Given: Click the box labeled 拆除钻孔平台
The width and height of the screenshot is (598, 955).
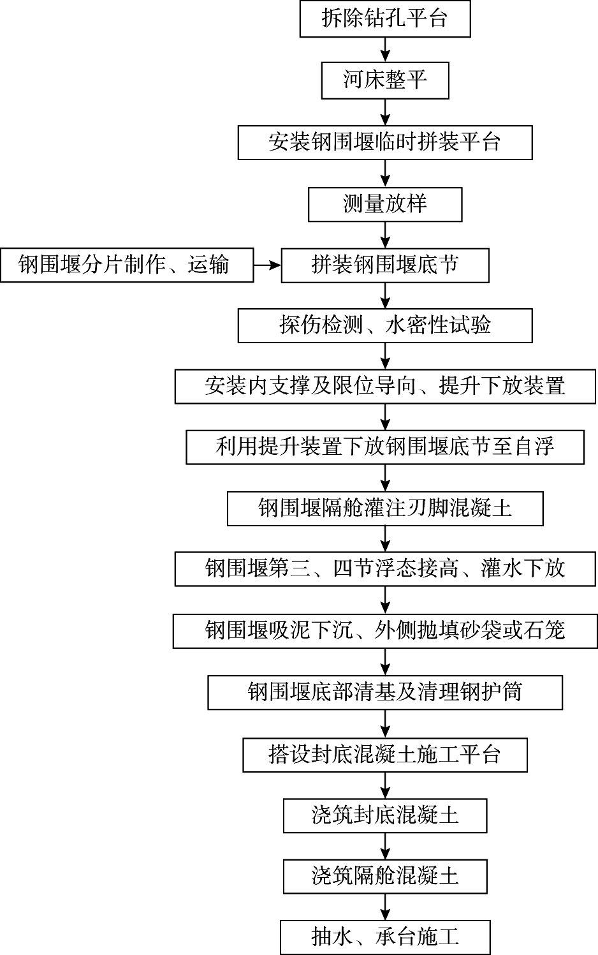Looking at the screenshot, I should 385,19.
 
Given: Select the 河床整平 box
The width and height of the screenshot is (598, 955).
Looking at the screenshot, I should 385,80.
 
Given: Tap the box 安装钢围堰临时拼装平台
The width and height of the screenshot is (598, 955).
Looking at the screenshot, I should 385,142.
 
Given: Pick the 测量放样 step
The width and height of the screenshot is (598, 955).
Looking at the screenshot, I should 385,204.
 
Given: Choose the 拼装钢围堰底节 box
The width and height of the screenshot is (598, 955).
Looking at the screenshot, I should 385,265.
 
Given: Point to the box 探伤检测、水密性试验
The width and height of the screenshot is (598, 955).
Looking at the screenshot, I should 385,325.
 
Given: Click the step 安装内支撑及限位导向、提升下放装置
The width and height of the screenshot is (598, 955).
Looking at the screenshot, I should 385,386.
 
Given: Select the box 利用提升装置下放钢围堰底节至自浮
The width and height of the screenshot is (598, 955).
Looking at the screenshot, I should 385,447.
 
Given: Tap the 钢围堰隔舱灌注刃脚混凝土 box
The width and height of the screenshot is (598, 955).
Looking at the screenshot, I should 385,508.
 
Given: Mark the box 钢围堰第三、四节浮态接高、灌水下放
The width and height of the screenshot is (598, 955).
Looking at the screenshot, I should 385,568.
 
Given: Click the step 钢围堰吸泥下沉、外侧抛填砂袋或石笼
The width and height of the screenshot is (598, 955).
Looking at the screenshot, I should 385,631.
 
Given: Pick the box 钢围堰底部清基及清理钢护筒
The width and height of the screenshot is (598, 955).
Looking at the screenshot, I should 385,692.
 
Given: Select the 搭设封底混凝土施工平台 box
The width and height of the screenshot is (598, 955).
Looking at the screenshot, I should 385,755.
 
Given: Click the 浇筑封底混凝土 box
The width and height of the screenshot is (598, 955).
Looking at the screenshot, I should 385,815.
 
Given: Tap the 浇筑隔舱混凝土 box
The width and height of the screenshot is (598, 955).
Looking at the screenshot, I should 385,876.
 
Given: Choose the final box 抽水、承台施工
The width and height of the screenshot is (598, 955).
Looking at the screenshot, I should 385,936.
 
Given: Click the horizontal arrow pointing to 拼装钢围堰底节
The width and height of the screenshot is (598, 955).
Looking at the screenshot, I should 267,265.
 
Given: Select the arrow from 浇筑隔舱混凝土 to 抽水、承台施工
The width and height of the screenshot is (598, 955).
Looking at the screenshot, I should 385,907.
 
